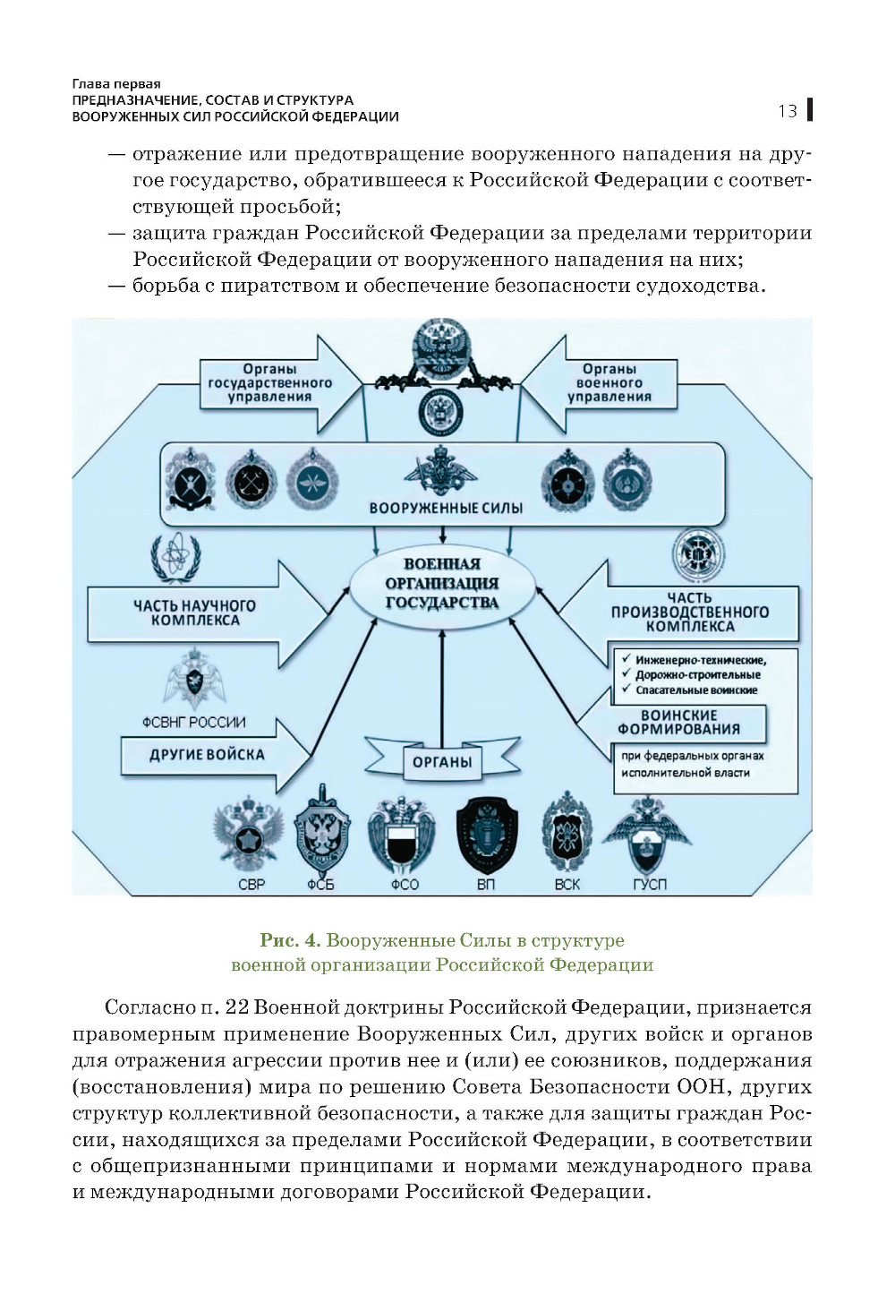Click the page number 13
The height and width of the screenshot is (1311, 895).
[x=787, y=111]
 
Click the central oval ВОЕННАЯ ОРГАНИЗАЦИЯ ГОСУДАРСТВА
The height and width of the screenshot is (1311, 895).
[x=441, y=584]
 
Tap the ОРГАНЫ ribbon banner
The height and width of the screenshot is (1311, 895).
[x=442, y=761]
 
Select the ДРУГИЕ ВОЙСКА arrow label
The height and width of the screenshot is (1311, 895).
[x=207, y=754]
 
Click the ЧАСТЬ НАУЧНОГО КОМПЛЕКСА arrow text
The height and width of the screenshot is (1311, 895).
[x=194, y=613]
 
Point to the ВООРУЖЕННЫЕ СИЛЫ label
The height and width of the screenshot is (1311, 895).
[x=446, y=508]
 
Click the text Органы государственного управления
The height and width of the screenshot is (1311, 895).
[x=269, y=382]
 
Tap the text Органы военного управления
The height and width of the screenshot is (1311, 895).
[x=609, y=382]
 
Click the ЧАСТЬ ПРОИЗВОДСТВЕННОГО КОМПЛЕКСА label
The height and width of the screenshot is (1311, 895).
[x=689, y=612]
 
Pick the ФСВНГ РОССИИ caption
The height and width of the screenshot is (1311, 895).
[x=193, y=722]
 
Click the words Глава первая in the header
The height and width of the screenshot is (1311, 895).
[x=116, y=84]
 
